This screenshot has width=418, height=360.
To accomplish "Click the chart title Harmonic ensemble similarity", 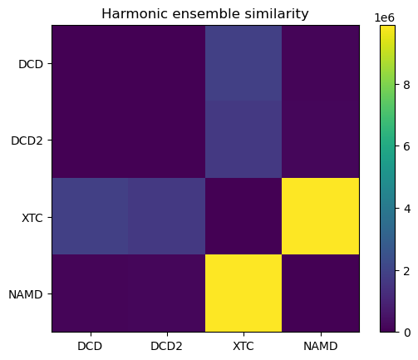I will [204, 13].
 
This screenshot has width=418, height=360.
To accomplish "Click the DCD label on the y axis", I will [31, 64].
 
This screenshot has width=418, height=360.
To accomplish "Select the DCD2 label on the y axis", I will [27, 141].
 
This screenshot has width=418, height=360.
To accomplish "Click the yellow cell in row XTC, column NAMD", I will [320, 217].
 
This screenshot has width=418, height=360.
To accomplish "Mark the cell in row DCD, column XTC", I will [243, 64].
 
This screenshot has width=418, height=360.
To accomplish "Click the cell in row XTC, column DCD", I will [90, 217].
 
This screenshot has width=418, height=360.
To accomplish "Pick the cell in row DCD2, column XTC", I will [243, 141].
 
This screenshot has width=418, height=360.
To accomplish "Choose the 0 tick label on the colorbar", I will [406, 332].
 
